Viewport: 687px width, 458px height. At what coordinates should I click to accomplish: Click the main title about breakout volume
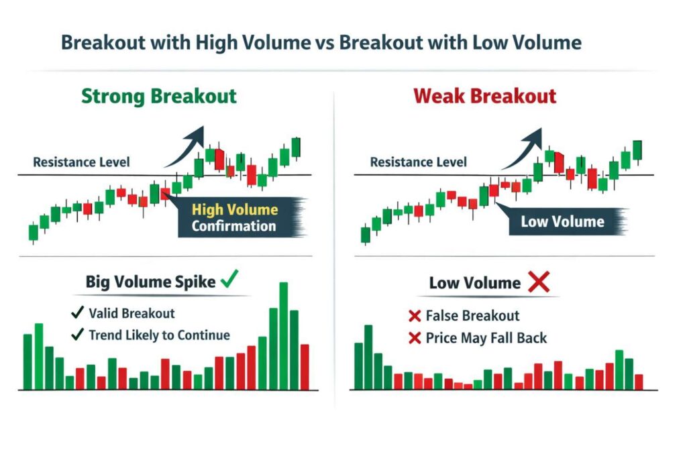321,43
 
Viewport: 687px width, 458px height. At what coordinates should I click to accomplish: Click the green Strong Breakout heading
159,95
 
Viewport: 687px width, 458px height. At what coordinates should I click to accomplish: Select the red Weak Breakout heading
485,95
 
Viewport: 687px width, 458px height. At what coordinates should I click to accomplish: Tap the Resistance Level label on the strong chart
81,162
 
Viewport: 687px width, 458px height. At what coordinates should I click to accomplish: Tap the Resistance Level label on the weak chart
418,162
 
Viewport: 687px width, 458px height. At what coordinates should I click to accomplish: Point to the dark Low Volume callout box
562,222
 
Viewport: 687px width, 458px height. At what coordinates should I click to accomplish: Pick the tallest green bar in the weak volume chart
368,357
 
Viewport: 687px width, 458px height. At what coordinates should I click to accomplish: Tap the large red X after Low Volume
538,282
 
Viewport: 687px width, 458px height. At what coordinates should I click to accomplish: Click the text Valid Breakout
131,313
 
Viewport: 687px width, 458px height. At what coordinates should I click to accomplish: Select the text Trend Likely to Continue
158,335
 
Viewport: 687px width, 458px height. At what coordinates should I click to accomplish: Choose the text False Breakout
472,315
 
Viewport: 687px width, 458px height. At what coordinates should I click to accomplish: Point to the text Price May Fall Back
486,337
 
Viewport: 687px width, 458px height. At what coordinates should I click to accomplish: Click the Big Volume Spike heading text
150,282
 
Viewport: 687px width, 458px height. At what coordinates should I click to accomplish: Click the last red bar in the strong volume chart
305,367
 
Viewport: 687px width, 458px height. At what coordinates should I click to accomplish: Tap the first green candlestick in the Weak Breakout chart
365,235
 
